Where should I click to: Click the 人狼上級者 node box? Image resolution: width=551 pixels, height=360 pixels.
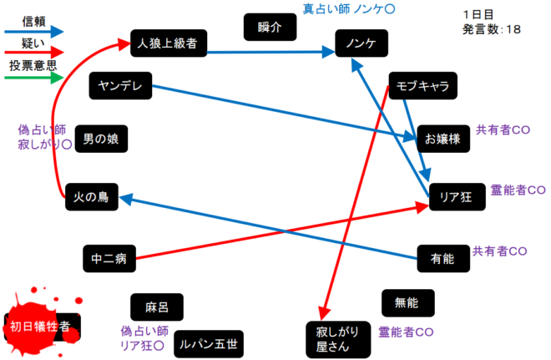coord(169,42)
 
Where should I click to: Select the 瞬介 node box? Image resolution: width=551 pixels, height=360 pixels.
coord(270,28)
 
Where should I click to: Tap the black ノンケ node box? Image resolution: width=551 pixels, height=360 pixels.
coord(360,43)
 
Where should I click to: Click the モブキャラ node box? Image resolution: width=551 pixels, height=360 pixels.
coord(423,85)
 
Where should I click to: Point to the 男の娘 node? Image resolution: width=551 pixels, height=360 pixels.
coord(101,139)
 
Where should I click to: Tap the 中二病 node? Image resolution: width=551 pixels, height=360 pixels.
coord(109,259)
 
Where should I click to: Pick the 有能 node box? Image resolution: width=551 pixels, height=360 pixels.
coord(442,259)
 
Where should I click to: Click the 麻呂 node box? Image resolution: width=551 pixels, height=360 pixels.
coord(157,307)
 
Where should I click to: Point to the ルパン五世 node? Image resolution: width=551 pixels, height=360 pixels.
coord(205,343)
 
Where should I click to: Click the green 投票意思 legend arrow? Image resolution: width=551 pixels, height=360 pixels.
coord(33,79)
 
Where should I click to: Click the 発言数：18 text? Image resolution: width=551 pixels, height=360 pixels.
coord(491,29)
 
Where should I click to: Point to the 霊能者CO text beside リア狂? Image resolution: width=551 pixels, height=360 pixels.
coord(518,191)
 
